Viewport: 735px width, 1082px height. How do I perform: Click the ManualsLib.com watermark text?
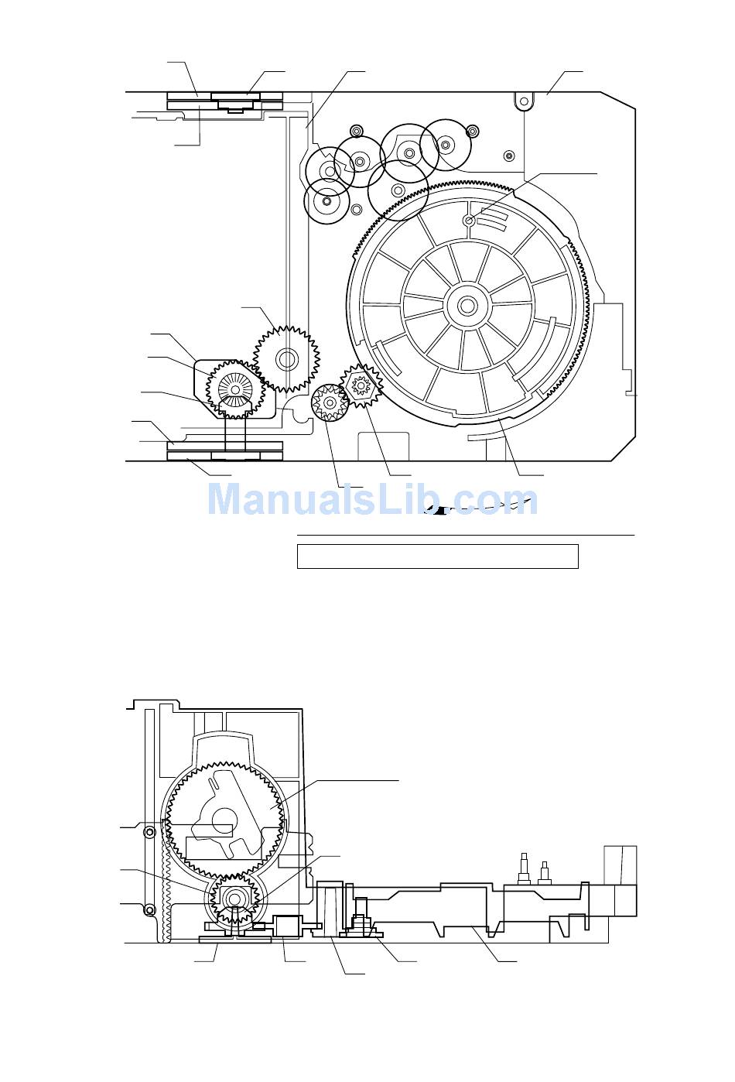[x=372, y=500]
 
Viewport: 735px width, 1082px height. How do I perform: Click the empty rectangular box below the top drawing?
[x=438, y=556]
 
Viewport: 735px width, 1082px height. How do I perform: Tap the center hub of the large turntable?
[x=467, y=305]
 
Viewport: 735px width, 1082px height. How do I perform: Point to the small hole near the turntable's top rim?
[x=469, y=221]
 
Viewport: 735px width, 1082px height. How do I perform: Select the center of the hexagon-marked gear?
[x=361, y=385]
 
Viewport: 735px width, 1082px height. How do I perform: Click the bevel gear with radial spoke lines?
[x=235, y=389]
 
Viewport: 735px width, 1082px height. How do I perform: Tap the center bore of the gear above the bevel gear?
[x=286, y=359]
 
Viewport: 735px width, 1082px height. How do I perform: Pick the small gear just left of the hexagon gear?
[x=330, y=402]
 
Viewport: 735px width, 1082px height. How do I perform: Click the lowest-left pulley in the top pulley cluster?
[x=326, y=200]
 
